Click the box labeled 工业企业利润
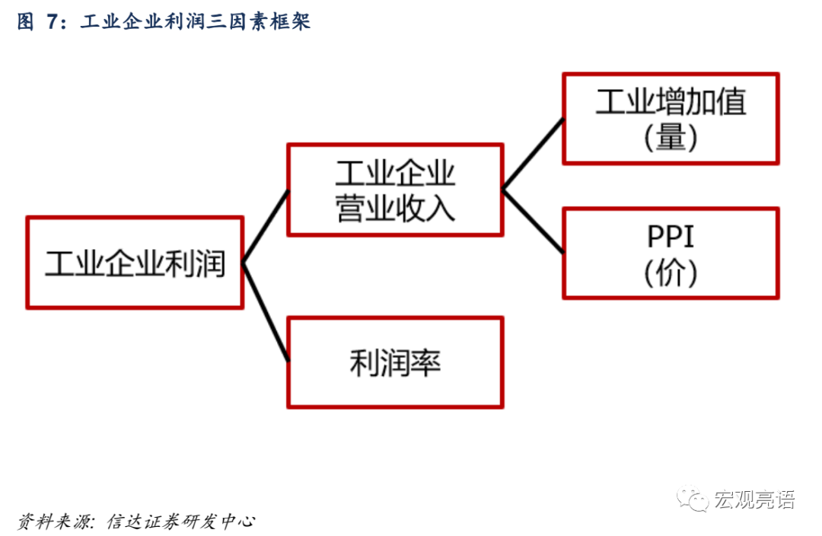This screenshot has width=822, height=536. point(135,263)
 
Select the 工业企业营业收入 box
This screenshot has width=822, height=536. point(395,190)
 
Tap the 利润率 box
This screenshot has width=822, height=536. point(395,362)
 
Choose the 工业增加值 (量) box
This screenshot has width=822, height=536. point(671,118)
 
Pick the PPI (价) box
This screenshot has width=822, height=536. point(671,253)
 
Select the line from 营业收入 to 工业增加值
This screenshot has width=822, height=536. point(533,153)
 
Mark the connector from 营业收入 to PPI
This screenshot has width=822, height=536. point(533,222)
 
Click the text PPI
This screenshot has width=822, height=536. point(671,237)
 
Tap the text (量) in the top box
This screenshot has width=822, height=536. point(671,138)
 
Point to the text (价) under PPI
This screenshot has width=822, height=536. point(671,273)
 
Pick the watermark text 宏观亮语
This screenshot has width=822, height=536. point(754,500)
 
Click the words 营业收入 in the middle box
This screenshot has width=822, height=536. point(395,208)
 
